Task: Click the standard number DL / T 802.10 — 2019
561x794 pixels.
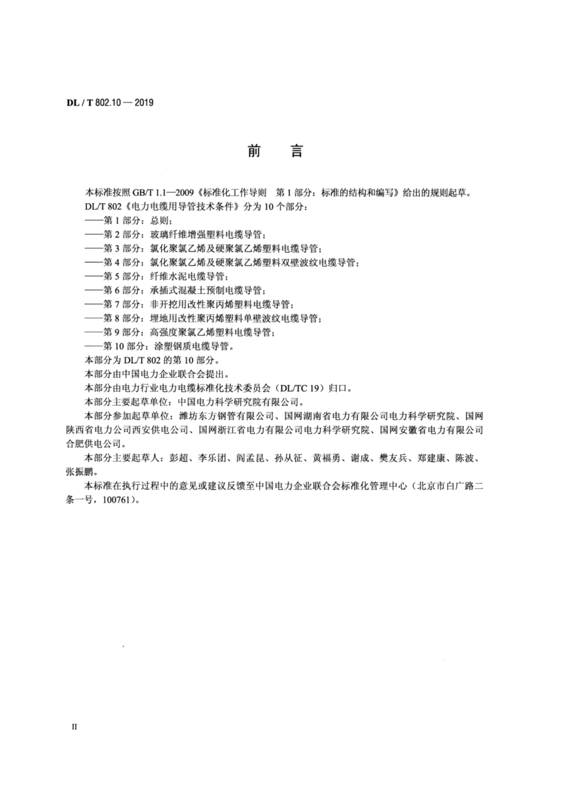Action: pos(110,103)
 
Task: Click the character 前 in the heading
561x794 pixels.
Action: pos(254,152)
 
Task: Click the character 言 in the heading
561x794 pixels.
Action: pos(296,152)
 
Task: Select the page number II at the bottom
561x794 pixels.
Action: pos(74,727)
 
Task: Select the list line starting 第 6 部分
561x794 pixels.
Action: pos(175,290)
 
